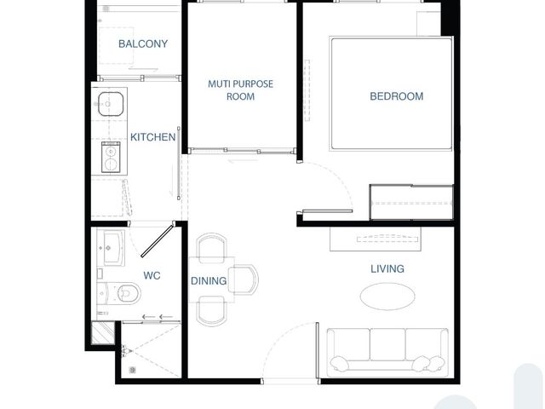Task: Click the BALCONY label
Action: pyautogui.click(x=143, y=43)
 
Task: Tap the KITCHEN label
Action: pyautogui.click(x=152, y=137)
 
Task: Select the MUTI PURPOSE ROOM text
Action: pyautogui.click(x=240, y=90)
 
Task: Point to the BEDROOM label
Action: pyautogui.click(x=397, y=96)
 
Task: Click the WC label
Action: pyautogui.click(x=152, y=275)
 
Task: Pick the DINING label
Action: pyautogui.click(x=209, y=280)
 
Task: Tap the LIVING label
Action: pyautogui.click(x=387, y=268)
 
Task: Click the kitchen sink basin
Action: pyautogui.click(x=111, y=104)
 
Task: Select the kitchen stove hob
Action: pyautogui.click(x=111, y=157)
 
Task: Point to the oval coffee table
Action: pyautogui.click(x=387, y=297)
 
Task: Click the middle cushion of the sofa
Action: pyautogui.click(x=387, y=344)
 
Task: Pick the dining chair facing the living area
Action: pyautogui.click(x=244, y=279)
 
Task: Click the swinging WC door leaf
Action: pyautogui.click(x=157, y=241)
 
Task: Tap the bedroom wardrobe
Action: pyautogui.click(x=411, y=203)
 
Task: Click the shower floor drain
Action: pyautogui.click(x=133, y=370)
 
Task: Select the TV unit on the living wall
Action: pyautogui.click(x=376, y=239)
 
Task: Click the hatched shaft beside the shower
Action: pyautogui.click(x=103, y=333)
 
